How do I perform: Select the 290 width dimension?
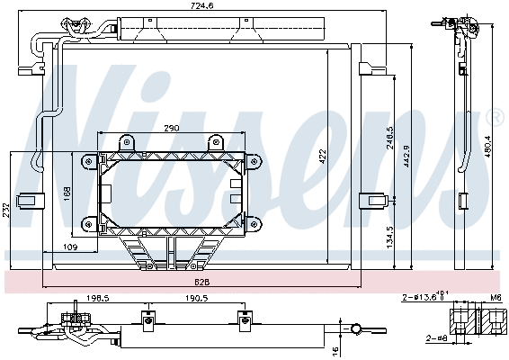(170, 128)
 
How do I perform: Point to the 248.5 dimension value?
(389, 145)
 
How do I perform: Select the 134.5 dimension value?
(389, 238)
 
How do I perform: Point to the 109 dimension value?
(70, 247)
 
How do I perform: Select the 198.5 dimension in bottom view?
(98, 297)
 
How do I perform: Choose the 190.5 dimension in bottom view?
(196, 297)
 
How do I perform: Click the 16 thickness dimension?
(335, 349)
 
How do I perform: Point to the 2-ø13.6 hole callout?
(425, 295)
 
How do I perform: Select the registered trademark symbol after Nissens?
(494, 116)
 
